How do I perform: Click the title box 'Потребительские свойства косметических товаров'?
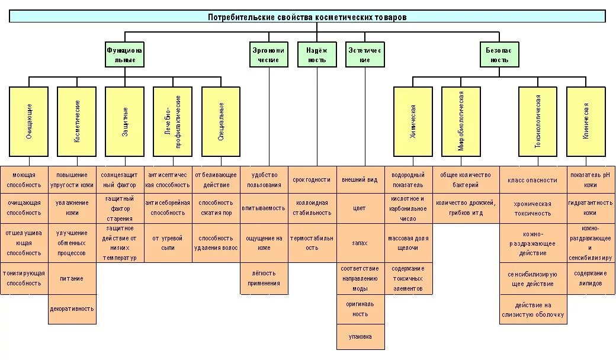(x=307, y=17)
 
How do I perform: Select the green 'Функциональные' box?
(x=125, y=55)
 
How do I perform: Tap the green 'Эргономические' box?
(x=268, y=55)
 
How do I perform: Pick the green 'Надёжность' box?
(x=317, y=55)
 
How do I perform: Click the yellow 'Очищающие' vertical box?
(x=29, y=121)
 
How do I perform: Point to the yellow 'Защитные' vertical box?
(x=125, y=121)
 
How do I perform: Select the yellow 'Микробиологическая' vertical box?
(x=461, y=121)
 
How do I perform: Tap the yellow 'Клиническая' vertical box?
(x=586, y=121)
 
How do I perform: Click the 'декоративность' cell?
(x=72, y=308)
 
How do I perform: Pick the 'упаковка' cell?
(x=360, y=337)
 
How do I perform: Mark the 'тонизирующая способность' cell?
(x=24, y=278)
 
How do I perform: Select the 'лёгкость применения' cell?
(x=264, y=278)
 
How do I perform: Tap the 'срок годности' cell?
(x=312, y=180)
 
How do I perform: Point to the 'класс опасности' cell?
(x=533, y=180)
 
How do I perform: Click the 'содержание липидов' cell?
(x=590, y=278)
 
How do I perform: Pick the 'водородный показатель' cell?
(x=408, y=180)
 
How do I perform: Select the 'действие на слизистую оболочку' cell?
(x=533, y=310)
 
